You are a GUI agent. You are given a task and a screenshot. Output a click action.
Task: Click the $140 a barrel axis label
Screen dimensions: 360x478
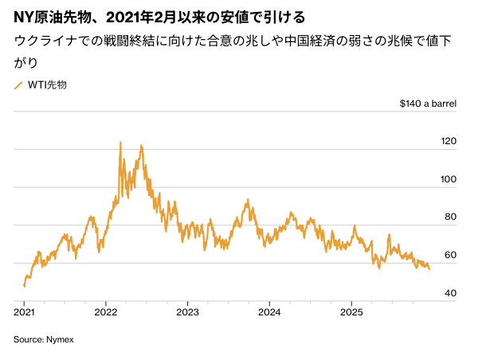coord(428,104)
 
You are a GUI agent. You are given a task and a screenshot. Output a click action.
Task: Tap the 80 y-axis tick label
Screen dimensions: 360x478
coord(451,217)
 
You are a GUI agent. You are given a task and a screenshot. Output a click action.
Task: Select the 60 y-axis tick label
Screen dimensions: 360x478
coord(451,255)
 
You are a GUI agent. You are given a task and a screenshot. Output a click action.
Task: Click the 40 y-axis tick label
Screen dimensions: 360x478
coord(451,293)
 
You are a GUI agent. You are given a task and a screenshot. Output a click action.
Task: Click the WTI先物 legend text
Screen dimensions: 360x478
coord(47,84)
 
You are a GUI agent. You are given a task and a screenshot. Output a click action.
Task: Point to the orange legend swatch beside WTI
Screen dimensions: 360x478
coord(18,84)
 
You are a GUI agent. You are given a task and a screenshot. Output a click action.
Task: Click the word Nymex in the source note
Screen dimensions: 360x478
coord(58,339)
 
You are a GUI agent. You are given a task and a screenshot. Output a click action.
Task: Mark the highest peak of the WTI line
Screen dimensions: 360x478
coord(120,143)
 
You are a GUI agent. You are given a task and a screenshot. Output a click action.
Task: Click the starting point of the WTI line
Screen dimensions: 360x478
coord(24,286)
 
